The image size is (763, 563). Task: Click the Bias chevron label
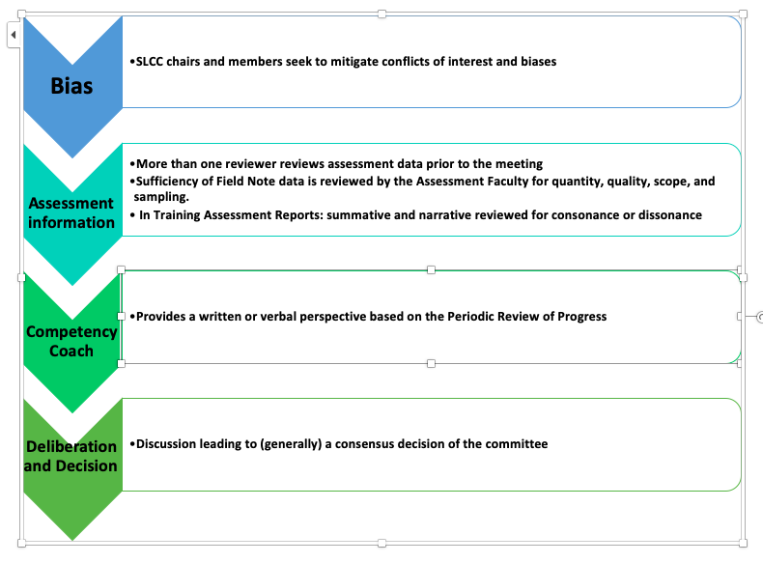pyautogui.click(x=71, y=86)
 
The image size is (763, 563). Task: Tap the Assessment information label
pyautogui.click(x=71, y=212)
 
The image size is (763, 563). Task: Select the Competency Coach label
pyautogui.click(x=71, y=341)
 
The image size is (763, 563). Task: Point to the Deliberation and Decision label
pyautogui.click(x=71, y=456)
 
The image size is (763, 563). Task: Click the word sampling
pyautogui.click(x=161, y=198)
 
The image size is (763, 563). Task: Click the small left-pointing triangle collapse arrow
pyautogui.click(x=14, y=35)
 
